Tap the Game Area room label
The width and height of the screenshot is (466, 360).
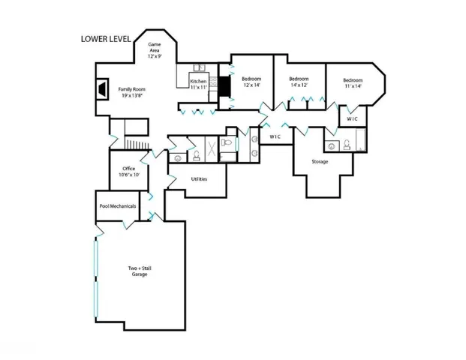tap(155, 49)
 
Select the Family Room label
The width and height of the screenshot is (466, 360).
tap(130, 90)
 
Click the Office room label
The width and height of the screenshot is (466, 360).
tap(123, 170)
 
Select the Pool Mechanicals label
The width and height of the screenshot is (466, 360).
tap(116, 205)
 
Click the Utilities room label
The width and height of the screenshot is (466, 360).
tap(199, 179)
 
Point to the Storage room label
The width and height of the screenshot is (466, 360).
tap(320, 161)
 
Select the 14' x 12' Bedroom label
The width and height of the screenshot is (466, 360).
tap(299, 81)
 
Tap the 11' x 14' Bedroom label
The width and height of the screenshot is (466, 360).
tap(353, 82)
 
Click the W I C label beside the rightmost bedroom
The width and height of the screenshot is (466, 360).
tap(352, 119)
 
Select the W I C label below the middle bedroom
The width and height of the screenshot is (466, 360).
tap(275, 136)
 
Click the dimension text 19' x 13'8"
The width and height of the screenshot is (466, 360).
tap(130, 96)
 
